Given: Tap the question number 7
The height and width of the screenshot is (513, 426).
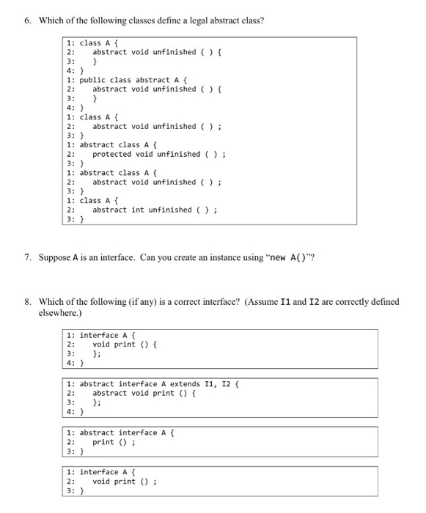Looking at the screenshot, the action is click(28, 259).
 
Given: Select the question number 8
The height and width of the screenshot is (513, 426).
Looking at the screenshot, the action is click(28, 301).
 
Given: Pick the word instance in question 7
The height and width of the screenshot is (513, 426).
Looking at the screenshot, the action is click(221, 259).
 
